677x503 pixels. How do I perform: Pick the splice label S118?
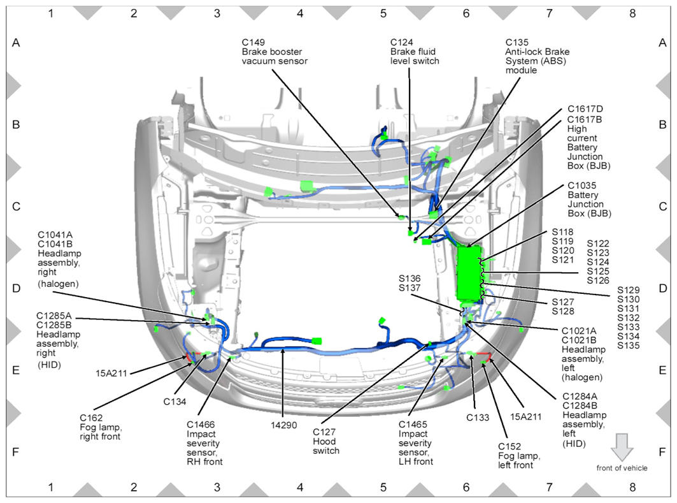(563, 231)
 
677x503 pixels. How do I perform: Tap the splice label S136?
(410, 279)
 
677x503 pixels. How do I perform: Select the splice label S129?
(628, 289)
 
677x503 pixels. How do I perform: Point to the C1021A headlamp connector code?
(579, 330)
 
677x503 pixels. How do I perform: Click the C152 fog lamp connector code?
(510, 446)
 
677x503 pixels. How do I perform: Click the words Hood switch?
(326, 446)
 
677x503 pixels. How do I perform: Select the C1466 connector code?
(202, 424)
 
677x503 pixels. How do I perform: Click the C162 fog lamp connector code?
(91, 418)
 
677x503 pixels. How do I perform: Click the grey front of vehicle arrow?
(622, 447)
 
